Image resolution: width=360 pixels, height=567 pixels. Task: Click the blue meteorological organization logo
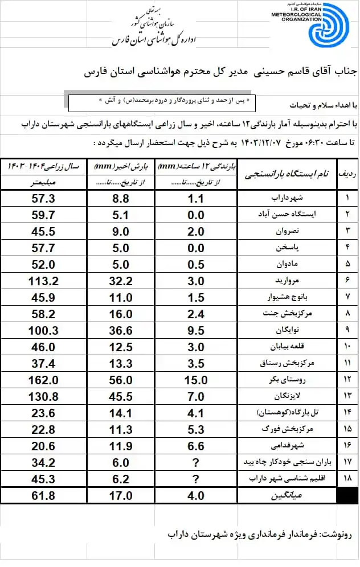point(330,25)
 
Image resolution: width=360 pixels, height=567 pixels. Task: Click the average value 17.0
point(120,496)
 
